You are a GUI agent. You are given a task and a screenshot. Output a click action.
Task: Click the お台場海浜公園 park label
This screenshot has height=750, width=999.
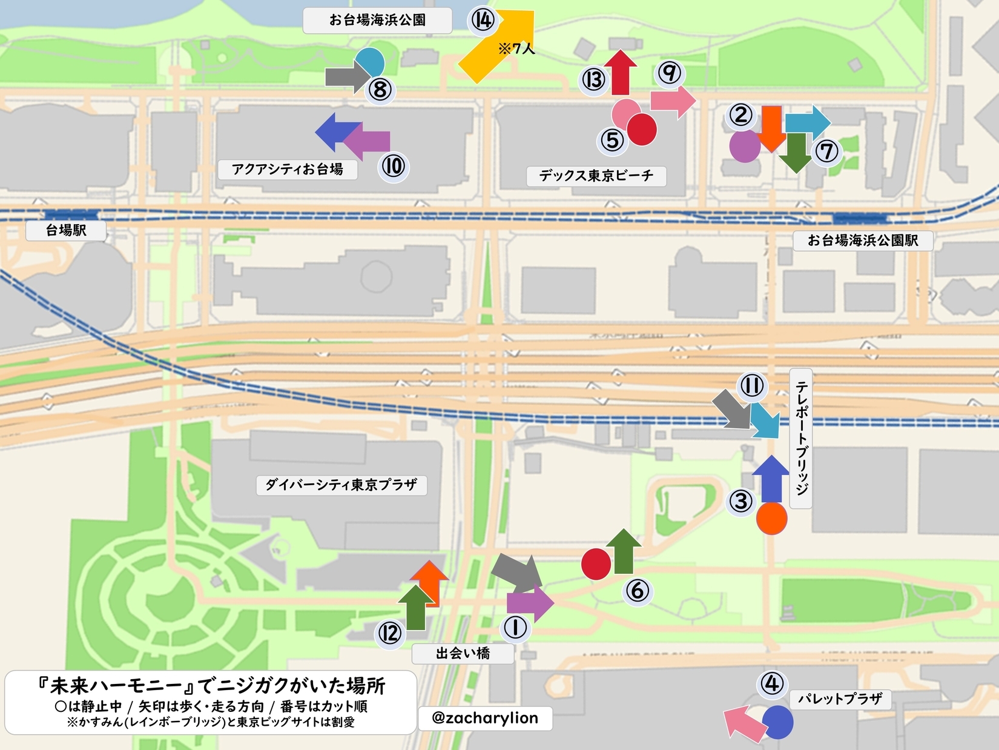click(x=377, y=20)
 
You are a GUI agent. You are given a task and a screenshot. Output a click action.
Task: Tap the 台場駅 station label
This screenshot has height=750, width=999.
click(x=66, y=230)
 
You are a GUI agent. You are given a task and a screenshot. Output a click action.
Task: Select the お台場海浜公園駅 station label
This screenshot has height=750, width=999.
click(x=863, y=241)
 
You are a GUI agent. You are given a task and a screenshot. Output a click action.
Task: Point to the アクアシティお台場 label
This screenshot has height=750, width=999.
click(x=288, y=169)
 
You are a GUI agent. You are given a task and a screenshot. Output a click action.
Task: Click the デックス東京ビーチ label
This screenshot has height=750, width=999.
click(x=596, y=176)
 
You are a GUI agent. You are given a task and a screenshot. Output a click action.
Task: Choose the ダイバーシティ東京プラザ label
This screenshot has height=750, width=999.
click(x=341, y=485)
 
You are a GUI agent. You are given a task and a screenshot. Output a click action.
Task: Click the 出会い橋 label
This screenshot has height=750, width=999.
click(x=463, y=653)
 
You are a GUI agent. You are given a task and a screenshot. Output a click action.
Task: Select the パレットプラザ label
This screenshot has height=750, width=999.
click(x=840, y=699)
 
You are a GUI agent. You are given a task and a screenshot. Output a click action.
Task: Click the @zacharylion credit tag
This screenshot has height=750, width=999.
click(x=485, y=718)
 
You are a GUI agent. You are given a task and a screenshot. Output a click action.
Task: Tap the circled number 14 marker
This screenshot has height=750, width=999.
click(x=483, y=20)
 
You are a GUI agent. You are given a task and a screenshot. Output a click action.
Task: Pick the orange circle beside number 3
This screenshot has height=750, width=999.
click(x=771, y=518)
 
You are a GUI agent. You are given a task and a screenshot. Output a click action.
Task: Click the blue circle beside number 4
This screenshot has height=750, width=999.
click(x=777, y=722)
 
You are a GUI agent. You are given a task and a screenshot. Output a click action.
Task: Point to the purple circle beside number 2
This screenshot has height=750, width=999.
click(x=744, y=147)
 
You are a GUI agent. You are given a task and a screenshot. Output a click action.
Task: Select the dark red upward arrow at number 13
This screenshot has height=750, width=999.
click(x=620, y=72)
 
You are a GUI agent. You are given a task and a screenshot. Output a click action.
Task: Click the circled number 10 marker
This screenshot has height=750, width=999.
click(x=394, y=166)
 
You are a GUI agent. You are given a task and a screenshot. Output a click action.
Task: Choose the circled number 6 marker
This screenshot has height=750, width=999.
click(x=637, y=590)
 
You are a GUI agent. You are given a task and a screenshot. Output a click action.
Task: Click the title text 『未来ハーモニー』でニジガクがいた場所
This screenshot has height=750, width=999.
click(x=211, y=686)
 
